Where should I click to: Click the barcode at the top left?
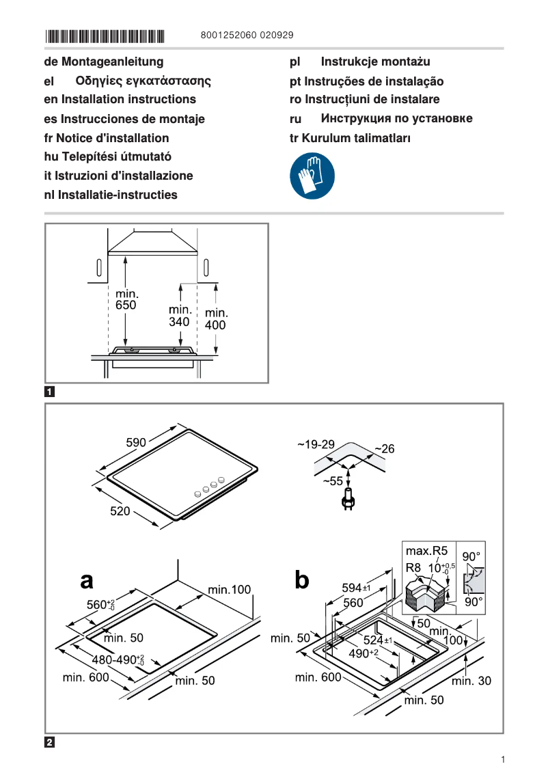tap(104, 35)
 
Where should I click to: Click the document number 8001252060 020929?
tap(248, 35)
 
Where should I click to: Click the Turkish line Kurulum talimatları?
tap(350, 138)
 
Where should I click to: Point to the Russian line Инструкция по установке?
tap(396, 118)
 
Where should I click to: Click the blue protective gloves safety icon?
tap(312, 176)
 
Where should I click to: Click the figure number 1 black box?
tap(49, 392)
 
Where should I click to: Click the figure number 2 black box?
tap(49, 742)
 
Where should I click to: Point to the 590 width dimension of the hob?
tap(136, 443)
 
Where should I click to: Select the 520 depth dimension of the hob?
tap(120, 511)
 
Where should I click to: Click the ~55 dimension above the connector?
tap(332, 481)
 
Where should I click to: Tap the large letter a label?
tap(87, 580)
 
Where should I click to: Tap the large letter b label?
tap(301, 580)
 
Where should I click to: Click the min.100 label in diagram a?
tap(230, 590)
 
